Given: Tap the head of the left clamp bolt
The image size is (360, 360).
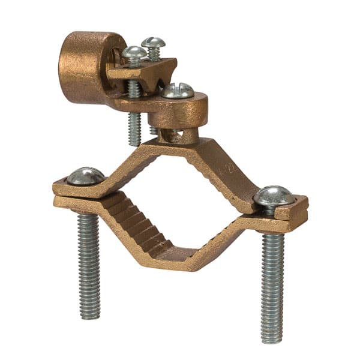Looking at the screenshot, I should click(85, 176).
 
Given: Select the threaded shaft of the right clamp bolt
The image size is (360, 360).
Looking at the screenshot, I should click(271, 282).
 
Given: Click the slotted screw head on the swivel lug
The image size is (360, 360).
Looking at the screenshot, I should click(178, 91).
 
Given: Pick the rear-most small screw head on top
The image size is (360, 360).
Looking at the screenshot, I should click(153, 43).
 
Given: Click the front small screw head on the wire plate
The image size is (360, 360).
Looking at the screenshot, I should click(134, 55).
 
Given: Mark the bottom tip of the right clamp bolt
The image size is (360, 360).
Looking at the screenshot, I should click(271, 340).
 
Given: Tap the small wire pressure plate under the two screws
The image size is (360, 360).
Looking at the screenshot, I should click(144, 71).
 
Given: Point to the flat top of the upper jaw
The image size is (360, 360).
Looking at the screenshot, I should click(180, 147).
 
